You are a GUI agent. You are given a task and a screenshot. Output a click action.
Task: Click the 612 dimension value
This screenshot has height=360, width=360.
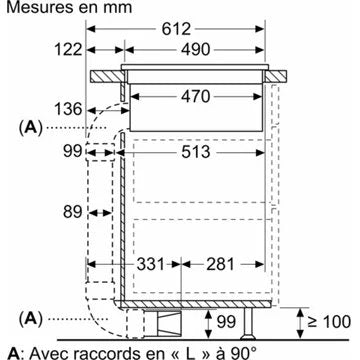click(176, 29)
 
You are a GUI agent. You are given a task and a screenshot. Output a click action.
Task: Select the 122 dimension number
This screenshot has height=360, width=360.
click(68, 50)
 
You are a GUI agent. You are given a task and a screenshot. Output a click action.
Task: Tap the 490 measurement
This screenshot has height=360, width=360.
click(196, 50)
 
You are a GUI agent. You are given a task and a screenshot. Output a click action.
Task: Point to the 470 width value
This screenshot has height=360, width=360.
click(196, 97)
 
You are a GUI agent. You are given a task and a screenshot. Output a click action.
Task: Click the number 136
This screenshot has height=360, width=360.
click(68, 109)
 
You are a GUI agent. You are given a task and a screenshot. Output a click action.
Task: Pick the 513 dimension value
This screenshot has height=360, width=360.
click(196, 152)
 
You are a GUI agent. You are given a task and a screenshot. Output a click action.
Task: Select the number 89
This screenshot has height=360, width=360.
click(72, 212)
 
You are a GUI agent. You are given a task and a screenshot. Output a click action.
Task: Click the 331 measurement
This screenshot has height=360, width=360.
click(151, 264)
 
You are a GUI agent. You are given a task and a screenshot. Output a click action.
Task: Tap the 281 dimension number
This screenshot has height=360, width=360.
click(220, 264)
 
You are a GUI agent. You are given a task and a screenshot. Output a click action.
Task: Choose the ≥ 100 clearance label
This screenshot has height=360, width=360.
click(329, 322)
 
